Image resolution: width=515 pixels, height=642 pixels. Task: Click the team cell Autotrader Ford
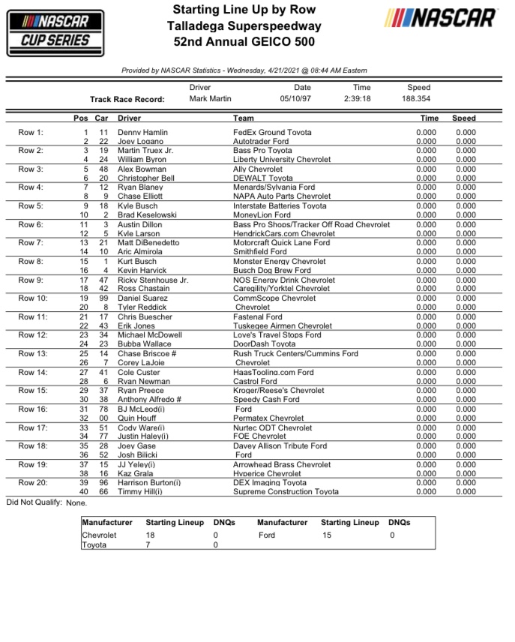point(261,141)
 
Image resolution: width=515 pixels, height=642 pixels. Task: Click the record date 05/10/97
point(295,98)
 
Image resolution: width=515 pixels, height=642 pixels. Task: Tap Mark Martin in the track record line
point(211,98)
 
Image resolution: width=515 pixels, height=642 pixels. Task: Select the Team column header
point(244,118)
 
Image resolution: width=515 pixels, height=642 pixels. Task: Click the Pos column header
point(81,118)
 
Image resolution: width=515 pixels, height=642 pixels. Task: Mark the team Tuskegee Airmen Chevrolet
point(283,326)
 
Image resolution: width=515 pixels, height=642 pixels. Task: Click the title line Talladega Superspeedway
point(244,26)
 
